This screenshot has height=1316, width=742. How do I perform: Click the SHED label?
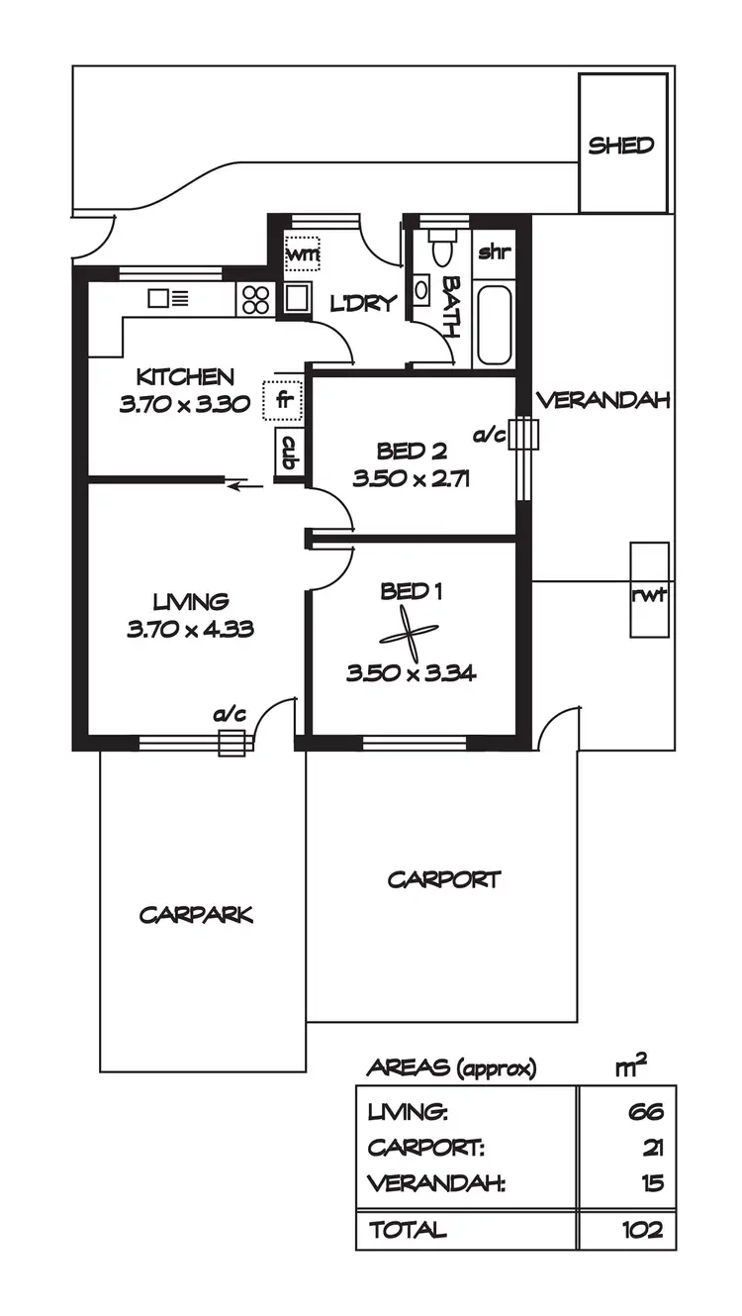[621, 146]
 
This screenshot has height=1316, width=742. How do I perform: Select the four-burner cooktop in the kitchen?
[254, 300]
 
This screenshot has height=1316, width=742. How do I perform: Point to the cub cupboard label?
[289, 453]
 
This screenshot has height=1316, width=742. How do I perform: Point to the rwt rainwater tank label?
[650, 595]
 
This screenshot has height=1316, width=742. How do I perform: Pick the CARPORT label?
[444, 879]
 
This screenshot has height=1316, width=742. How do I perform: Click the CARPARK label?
[196, 915]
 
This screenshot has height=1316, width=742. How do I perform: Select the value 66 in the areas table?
[645, 1112]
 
